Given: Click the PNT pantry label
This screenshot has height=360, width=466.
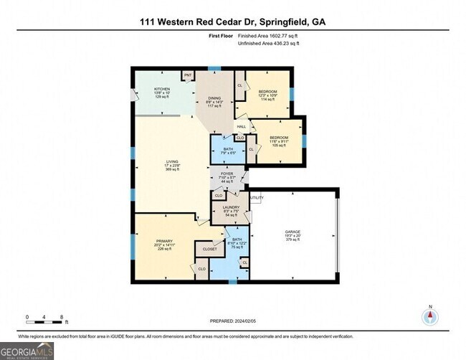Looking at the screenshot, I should tap(188, 75).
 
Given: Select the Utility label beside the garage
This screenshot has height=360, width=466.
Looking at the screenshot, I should tap(256, 197).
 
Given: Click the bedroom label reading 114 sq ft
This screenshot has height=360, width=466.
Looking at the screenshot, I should tap(268, 92).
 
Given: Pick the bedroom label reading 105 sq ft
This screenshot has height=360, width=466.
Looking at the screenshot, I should tap(279, 137).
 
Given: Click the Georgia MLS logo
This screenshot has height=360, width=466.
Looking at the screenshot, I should tap(27, 350).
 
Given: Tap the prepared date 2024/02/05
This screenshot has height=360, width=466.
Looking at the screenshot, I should tap(232, 321).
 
